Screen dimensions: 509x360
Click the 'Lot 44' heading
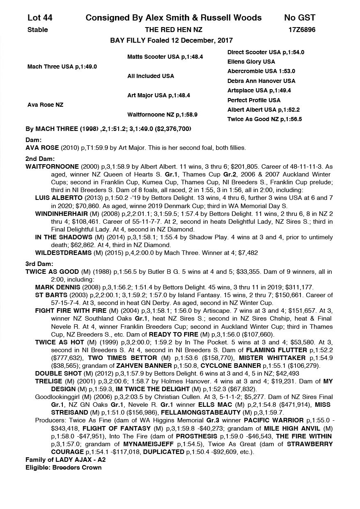[40, 18]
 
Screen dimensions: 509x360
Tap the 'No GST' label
[300, 18]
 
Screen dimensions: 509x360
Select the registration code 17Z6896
[302, 30]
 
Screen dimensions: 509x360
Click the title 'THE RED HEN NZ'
[174, 30]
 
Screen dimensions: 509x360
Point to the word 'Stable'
[37, 30]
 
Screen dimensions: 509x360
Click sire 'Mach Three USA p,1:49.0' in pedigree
[62, 66]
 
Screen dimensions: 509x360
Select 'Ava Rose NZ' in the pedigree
[45, 105]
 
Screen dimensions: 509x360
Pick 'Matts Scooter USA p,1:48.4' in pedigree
[165, 57]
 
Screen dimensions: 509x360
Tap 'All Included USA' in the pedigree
[151, 76]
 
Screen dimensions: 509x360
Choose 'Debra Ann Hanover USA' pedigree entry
[261, 81]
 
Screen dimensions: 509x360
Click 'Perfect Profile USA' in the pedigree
[254, 100]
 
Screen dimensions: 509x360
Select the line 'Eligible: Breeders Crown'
[63, 468]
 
